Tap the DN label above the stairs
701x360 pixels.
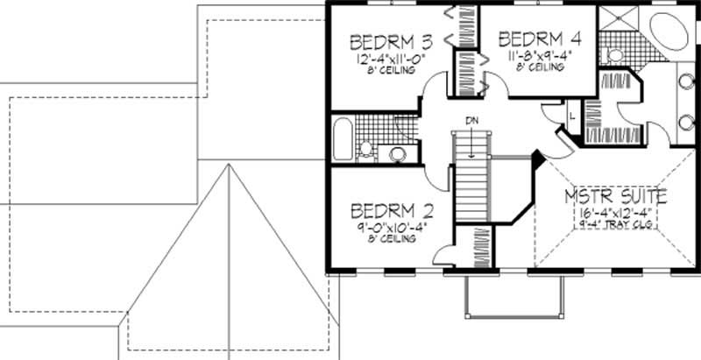[x=471, y=122]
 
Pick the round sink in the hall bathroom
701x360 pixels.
[x=399, y=155]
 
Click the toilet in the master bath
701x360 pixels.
[x=616, y=54]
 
